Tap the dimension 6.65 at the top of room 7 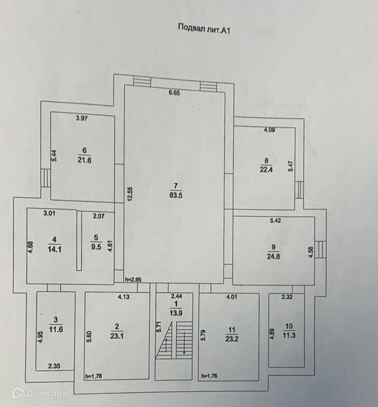pyautogui.click(x=174, y=93)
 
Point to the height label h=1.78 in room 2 pyautogui.click(x=94, y=376)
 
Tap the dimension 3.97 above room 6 pyautogui.click(x=81, y=118)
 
